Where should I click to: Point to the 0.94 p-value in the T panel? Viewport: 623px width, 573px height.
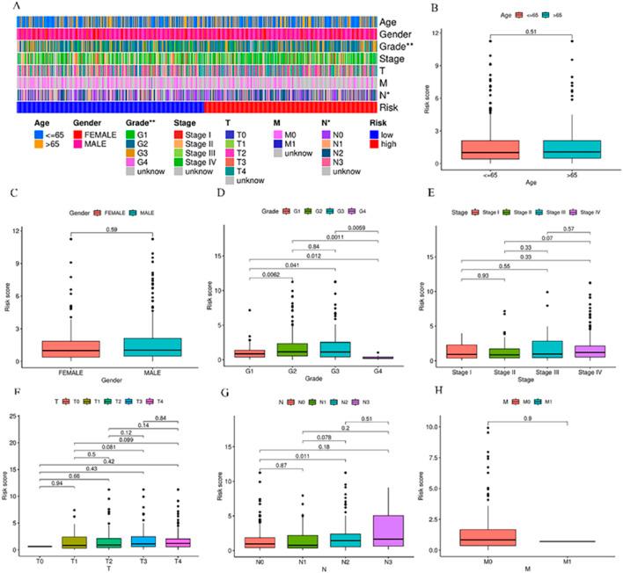coord(58,507)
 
